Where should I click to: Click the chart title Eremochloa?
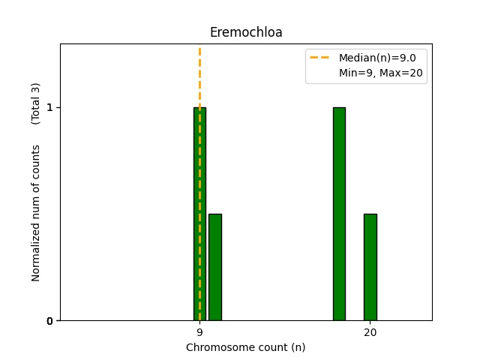[245, 32]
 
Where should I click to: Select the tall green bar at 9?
[196, 217]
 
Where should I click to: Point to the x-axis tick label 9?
[199, 332]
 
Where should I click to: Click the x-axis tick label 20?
[370, 332]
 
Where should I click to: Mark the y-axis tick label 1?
[49, 107]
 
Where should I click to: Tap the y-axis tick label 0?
[49, 321]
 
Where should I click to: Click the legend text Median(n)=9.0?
[382, 58]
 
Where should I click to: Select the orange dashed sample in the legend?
[321, 58]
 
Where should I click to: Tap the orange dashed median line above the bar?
[199, 75]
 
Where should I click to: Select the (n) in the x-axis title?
[298, 347]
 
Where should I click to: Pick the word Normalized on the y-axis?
[36, 255]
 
